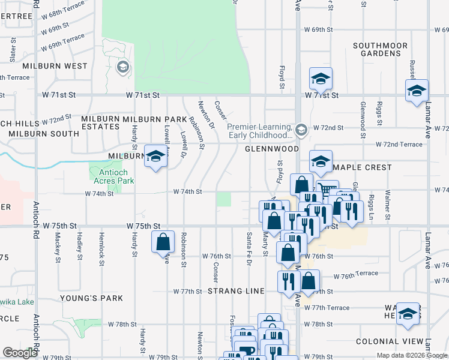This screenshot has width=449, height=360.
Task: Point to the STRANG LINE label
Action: click(236, 291)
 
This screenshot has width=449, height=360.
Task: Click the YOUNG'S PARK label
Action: click(91, 298)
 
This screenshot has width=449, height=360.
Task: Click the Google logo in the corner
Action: click(20, 353)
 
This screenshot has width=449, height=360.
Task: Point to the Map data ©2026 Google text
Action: click(412, 355)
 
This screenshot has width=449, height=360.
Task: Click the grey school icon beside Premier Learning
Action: click(301, 129)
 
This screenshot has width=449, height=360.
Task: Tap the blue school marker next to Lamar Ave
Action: click(416, 92)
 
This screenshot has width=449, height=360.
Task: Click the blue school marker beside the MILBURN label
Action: click(155, 157)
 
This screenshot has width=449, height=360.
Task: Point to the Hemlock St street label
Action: click(101, 249)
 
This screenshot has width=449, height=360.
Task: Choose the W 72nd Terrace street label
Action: click(399, 145)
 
